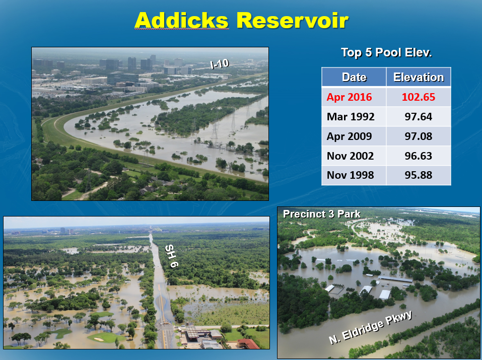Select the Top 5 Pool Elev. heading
coord(386,52)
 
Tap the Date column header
coord(354,77)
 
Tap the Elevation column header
coord(419,77)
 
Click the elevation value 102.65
coord(419,97)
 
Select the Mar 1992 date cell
coord(351,117)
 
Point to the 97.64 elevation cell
coord(419,117)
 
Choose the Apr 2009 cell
coord(349,136)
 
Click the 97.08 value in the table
coord(419,136)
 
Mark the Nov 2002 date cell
coord(350,156)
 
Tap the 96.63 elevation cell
coord(419,156)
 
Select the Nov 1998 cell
coord(350,175)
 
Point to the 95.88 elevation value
coord(419,175)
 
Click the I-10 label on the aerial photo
coord(220,64)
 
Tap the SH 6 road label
coord(171,256)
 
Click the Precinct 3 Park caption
coord(321,214)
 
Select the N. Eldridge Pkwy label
coord(370,327)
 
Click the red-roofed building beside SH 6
coord(249,344)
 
